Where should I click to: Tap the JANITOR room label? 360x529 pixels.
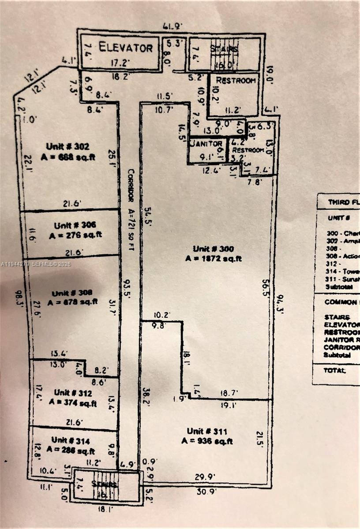[206, 144]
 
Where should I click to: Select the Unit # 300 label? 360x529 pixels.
[213, 249]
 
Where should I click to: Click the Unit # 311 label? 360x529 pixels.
[207, 431]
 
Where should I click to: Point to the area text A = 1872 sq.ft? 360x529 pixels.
[214, 259]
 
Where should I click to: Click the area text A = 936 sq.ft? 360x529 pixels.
[207, 441]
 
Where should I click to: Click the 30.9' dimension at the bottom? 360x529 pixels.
[206, 492]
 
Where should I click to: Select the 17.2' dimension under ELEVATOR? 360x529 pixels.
[120, 63]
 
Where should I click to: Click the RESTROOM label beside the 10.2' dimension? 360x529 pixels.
[236, 81]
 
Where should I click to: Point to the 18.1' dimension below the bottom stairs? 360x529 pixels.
[106, 508]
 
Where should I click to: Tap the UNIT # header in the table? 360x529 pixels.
[339, 218]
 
